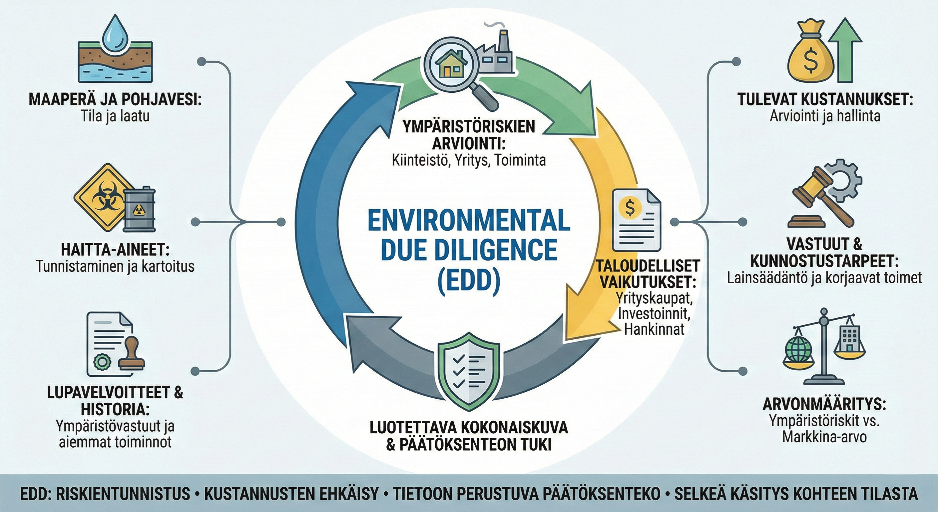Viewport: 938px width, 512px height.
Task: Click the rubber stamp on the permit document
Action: pyautogui.click(x=133, y=353)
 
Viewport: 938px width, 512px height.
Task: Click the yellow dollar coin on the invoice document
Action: pyautogui.click(x=630, y=208)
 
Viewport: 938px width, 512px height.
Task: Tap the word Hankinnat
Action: pyautogui.click(x=654, y=329)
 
